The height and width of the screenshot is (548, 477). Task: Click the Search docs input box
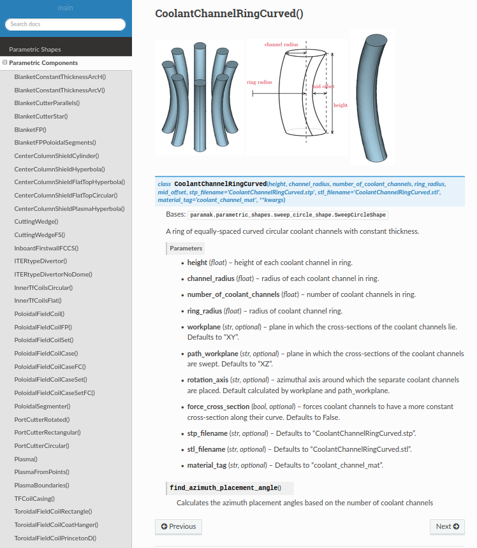click(65, 24)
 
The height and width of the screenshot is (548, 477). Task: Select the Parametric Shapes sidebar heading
click(35, 49)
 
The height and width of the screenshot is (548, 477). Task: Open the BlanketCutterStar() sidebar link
click(41, 116)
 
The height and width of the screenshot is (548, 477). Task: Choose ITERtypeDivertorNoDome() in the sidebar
click(53, 274)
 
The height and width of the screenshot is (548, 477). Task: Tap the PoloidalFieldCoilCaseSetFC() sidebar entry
click(54, 393)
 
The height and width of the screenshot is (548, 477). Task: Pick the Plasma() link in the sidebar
click(26, 459)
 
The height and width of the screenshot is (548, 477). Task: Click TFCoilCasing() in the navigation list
click(34, 498)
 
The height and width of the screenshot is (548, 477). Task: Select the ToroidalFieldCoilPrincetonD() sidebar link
click(55, 538)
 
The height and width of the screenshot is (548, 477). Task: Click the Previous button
click(179, 526)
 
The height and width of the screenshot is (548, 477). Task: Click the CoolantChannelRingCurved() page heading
click(229, 14)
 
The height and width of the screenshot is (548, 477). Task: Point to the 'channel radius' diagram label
click(281, 45)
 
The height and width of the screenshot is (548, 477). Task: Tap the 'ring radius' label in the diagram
click(259, 82)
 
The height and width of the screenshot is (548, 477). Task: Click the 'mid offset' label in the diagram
click(323, 86)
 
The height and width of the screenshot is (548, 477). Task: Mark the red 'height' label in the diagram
click(341, 105)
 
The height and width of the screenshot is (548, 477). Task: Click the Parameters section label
click(186, 249)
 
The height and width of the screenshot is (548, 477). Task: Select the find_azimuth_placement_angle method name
click(223, 488)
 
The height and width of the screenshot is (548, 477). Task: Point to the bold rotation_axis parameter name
click(207, 380)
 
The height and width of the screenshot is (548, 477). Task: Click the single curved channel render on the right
click(372, 97)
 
